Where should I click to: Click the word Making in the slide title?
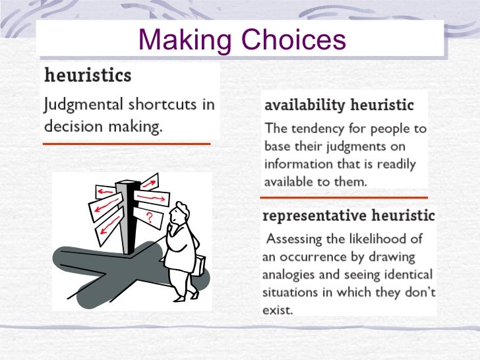183,40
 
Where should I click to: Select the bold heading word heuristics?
88,75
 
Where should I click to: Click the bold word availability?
305,105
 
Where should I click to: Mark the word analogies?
292,274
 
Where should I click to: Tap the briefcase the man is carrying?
198,264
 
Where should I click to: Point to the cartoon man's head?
178,214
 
